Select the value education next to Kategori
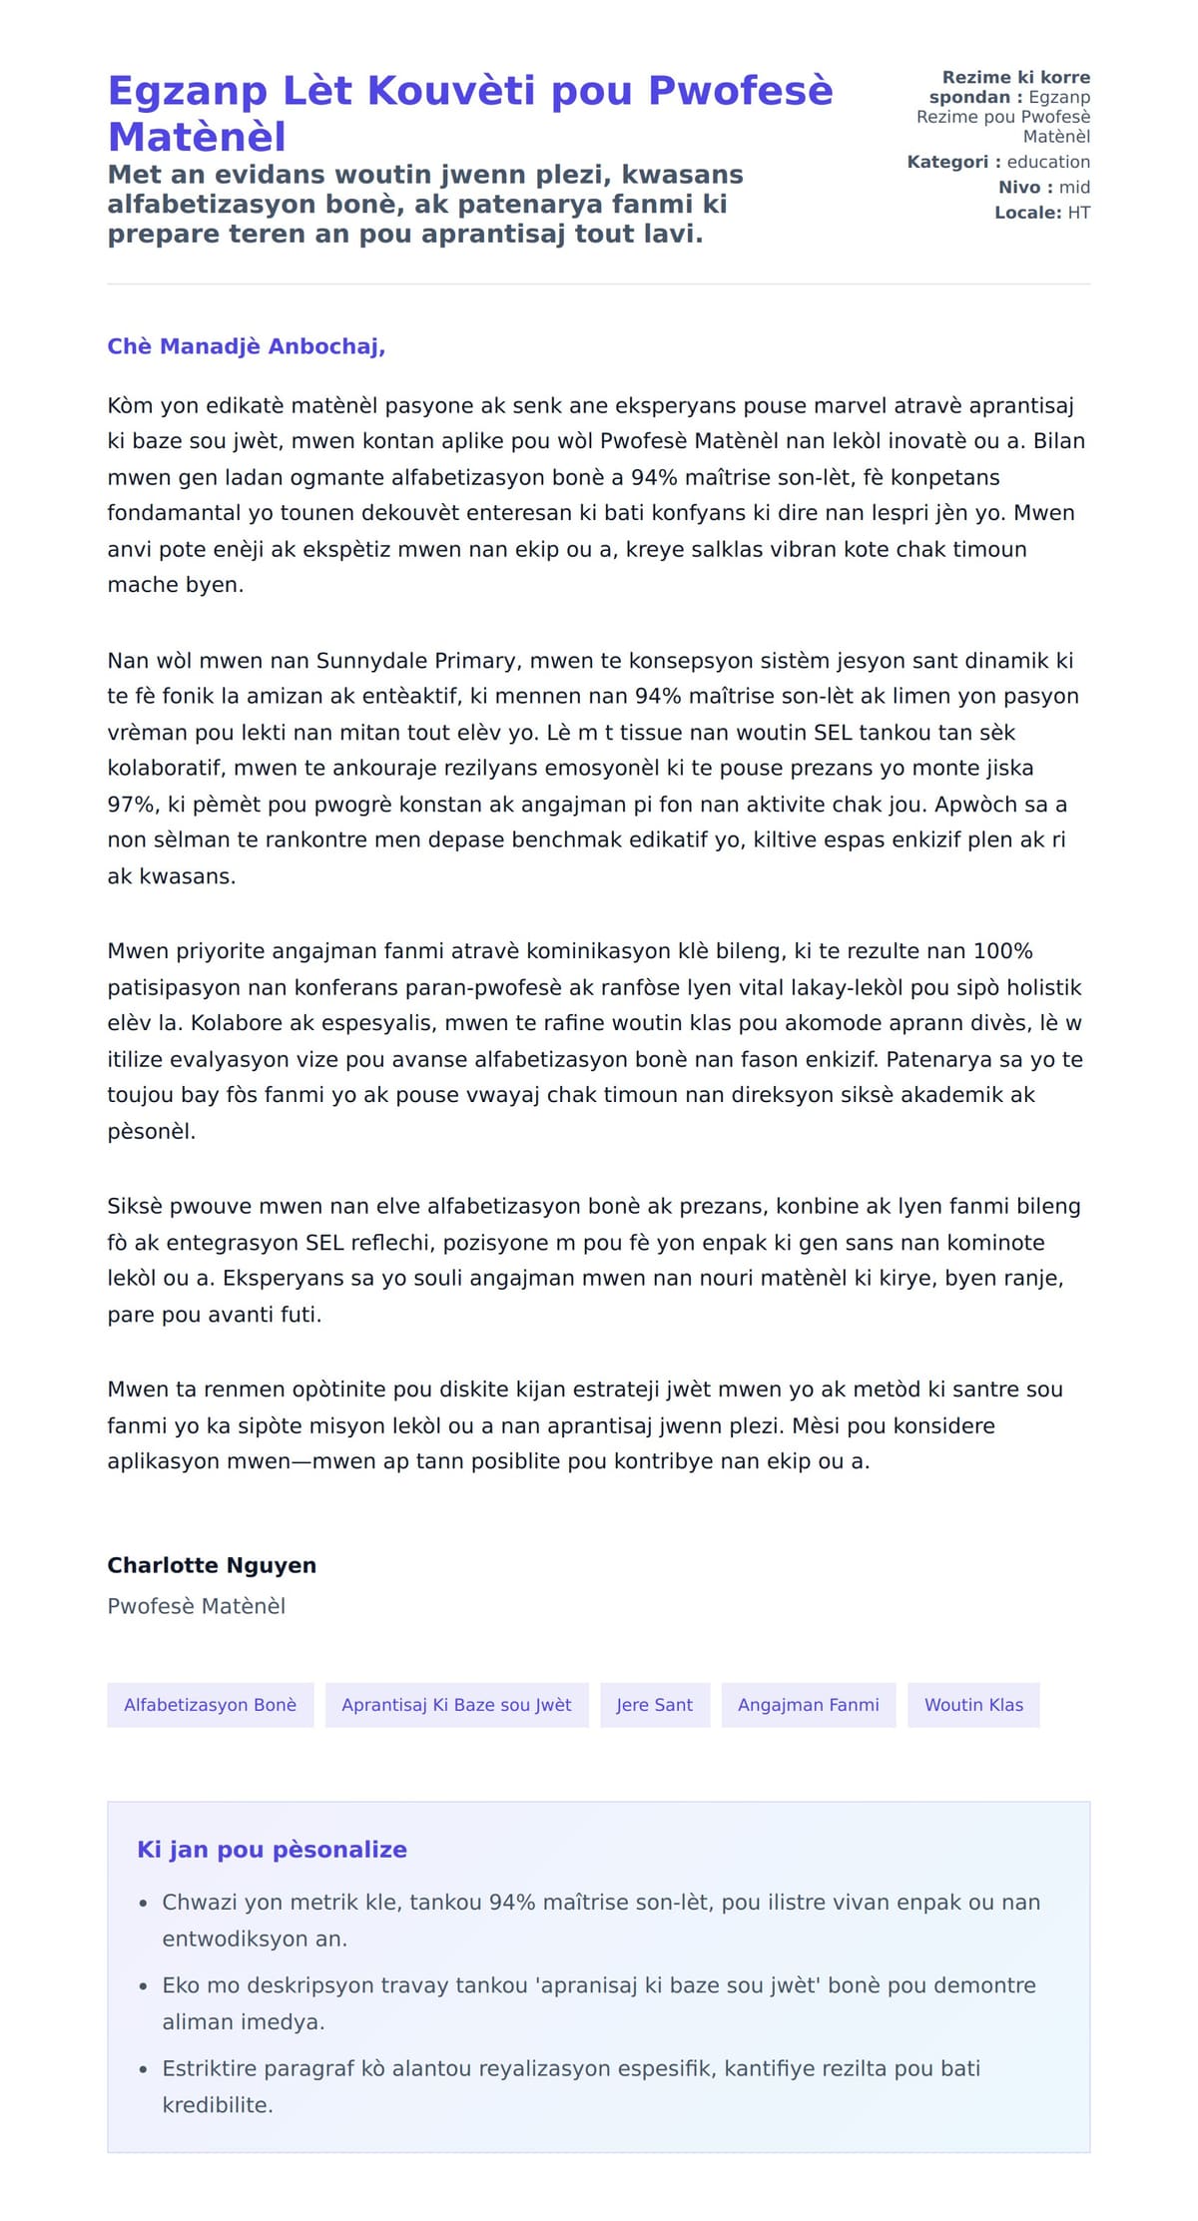[x=1048, y=162]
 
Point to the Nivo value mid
[x=1074, y=187]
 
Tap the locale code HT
[x=1078, y=213]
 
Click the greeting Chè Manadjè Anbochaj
[x=246, y=346]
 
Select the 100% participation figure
[x=1002, y=951]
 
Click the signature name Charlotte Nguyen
[x=212, y=1565]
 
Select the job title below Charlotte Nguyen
[x=197, y=1606]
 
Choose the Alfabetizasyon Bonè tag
[x=210, y=1705]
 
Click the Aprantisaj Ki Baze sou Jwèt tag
[x=456, y=1705]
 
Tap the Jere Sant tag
[x=654, y=1705]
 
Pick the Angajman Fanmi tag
[x=808, y=1705]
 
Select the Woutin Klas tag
[x=973, y=1705]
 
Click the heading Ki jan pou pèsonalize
[x=272, y=1850]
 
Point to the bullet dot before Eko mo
[x=144, y=1986]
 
